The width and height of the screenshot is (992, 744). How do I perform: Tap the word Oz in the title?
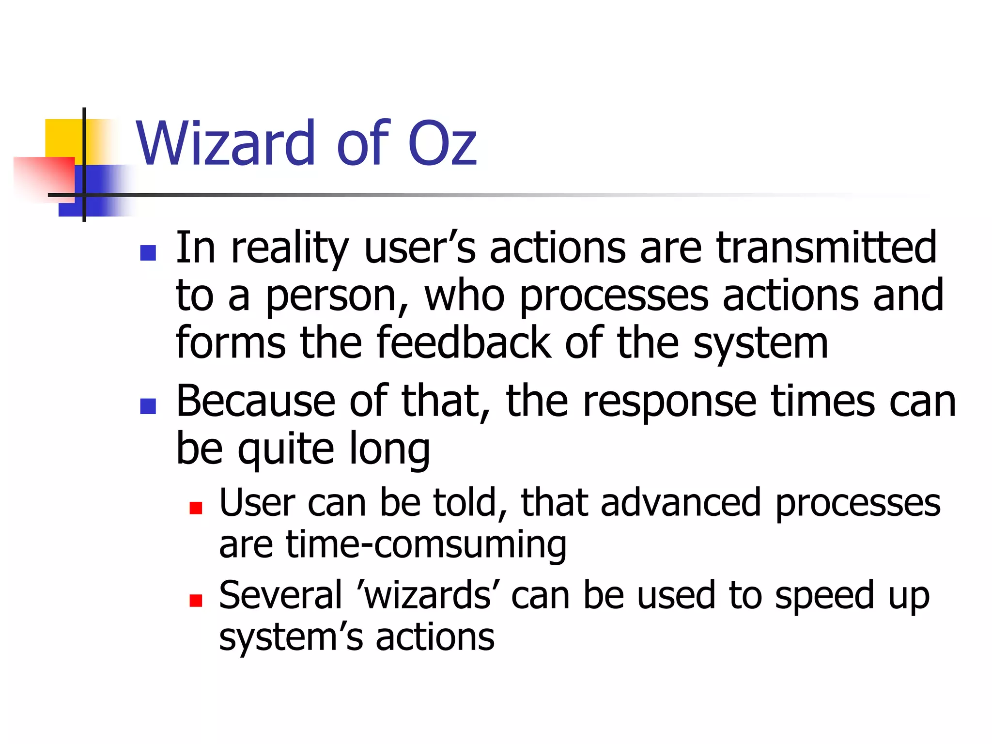442,144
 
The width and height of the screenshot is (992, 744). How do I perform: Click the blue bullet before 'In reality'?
148,253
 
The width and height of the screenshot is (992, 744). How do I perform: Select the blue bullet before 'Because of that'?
148,406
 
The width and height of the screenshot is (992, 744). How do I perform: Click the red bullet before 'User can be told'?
196,508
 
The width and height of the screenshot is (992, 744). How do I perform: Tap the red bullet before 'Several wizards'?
196,601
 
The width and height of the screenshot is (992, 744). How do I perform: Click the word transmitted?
826,248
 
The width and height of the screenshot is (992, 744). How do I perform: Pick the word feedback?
464,343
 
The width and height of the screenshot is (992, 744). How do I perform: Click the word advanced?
681,503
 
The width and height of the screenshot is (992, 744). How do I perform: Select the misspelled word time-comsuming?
426,545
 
